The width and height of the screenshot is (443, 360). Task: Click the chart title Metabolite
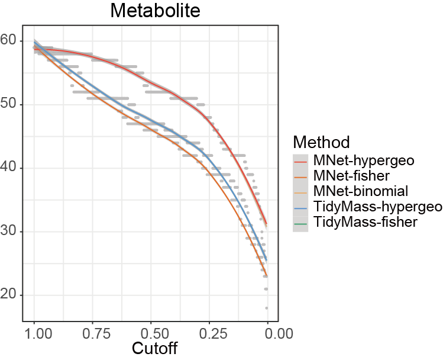151,11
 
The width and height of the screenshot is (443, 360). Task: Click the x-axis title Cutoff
151,348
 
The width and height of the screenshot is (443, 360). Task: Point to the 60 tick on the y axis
10,41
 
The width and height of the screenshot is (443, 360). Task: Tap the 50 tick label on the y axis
10,105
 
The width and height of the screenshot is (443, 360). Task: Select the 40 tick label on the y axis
10,168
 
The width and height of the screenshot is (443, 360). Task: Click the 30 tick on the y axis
10,232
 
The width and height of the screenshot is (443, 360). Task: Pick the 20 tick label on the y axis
10,295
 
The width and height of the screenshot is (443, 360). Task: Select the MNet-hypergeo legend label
364,160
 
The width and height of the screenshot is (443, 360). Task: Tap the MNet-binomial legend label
361,191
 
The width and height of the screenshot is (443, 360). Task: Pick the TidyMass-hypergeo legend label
378,207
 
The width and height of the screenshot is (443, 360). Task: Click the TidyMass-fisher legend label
366,222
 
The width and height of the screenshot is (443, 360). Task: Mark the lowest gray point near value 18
267,308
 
